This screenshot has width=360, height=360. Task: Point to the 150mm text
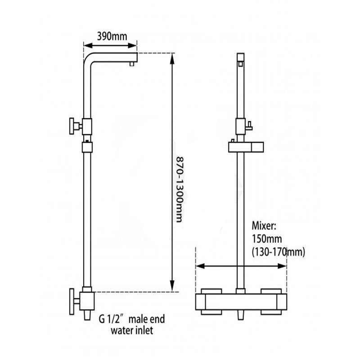tap(265, 238)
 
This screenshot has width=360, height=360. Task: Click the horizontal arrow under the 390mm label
tap(111, 45)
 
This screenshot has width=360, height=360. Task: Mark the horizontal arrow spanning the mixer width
tap(241, 266)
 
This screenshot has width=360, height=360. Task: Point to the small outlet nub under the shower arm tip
tap(131, 65)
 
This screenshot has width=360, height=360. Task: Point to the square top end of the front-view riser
tap(241, 58)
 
